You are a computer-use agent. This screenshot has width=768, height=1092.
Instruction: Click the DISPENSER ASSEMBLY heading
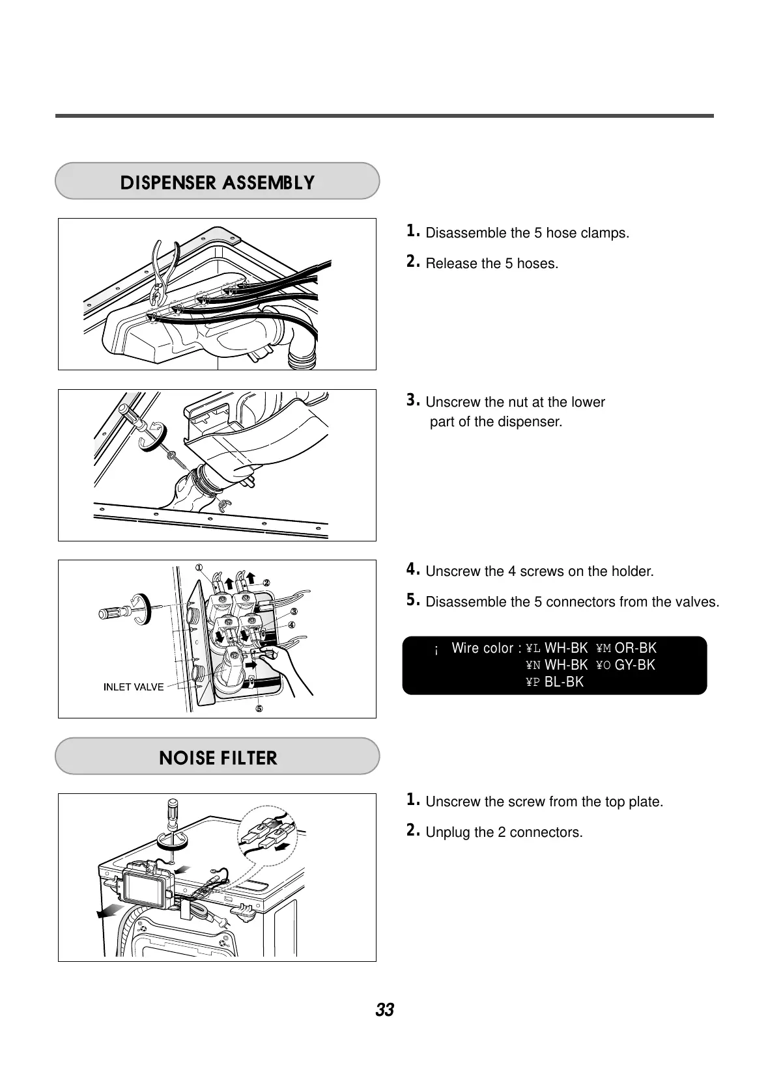pos(217,182)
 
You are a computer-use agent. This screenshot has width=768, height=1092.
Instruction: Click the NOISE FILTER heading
pos(218,758)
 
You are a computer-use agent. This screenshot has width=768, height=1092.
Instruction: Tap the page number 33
pos(384,1010)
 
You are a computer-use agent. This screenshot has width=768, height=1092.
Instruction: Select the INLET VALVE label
pos(134,687)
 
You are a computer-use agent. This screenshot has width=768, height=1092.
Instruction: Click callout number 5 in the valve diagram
pos(259,709)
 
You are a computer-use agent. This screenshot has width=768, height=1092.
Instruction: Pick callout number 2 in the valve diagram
pos(266,582)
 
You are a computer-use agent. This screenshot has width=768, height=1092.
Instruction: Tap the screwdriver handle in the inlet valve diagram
pos(111,612)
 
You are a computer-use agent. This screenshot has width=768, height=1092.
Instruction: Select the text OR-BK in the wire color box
pos(635,648)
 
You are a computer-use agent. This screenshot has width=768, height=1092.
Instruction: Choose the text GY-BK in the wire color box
pos(634,665)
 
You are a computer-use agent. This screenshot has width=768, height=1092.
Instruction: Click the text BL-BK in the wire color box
pos(563,682)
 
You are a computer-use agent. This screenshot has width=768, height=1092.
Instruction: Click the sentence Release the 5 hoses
pos(491,264)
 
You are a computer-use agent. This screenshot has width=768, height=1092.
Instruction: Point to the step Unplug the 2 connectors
pos(504,832)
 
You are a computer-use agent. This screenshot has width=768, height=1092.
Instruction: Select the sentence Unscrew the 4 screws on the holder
pos(539,571)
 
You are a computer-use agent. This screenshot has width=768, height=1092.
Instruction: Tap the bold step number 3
pos(412,400)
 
